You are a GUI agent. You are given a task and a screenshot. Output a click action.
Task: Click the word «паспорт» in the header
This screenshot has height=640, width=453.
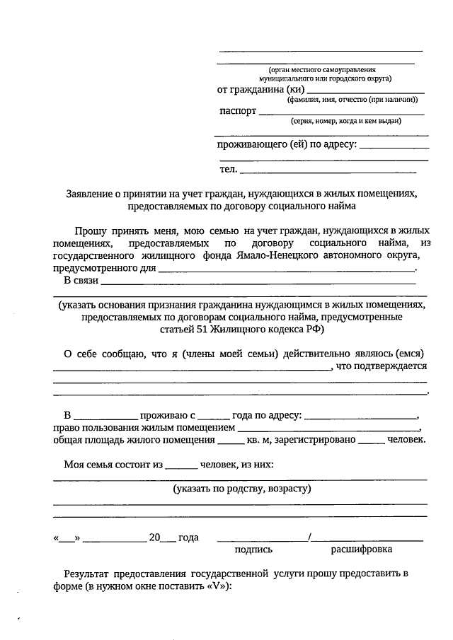[237, 111]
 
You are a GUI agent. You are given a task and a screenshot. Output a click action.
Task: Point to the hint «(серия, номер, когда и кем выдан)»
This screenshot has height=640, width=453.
[345, 121]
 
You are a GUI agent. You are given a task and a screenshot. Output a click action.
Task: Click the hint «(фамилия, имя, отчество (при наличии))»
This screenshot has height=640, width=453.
[357, 100]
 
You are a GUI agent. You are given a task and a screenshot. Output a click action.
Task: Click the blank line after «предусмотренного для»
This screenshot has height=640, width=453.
[286, 269]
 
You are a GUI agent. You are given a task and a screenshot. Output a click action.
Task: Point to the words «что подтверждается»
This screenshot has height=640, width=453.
[382, 366]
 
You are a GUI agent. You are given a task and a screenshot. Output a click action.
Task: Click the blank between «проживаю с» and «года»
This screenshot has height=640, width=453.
[213, 414]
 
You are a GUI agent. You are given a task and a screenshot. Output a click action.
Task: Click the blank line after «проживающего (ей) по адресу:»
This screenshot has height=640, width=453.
[394, 146]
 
